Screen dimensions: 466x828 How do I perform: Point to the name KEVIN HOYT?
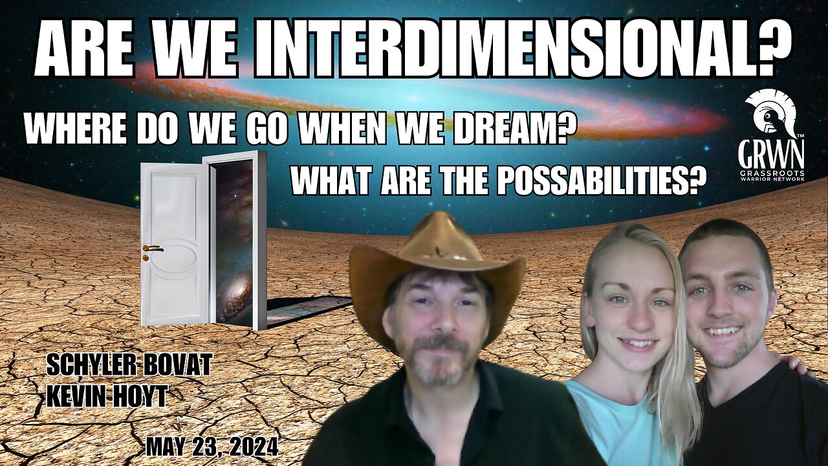point(106,395)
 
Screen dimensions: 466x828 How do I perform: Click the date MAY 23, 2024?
point(212,447)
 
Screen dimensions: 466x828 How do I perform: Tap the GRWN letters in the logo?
point(772,153)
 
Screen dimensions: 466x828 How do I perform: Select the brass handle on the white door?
point(153,249)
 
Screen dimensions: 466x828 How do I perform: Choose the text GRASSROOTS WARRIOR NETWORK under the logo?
point(771,175)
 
